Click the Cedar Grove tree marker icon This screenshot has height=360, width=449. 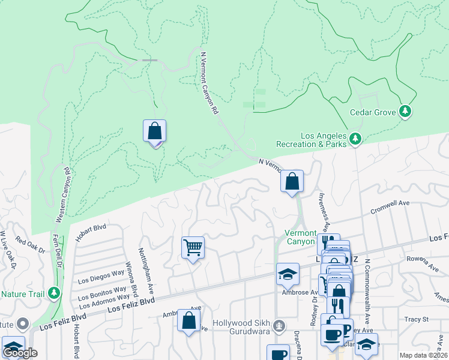[406, 111]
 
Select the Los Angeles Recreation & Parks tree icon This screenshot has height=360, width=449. [356, 139]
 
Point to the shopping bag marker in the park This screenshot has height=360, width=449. [154, 131]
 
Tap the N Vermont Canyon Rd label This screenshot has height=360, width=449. [208, 84]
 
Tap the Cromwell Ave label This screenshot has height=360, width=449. [390, 208]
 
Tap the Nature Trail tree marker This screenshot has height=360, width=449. [55, 293]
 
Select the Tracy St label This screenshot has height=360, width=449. [415, 319]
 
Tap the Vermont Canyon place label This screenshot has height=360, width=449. [300, 237]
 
